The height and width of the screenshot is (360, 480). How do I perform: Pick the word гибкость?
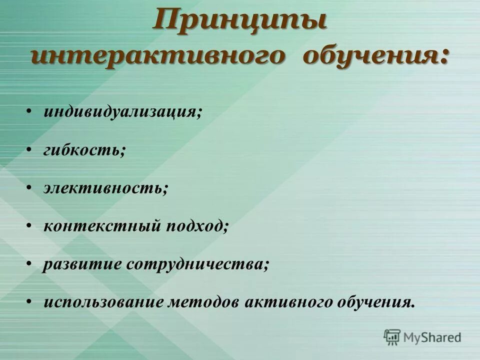tap(83, 150)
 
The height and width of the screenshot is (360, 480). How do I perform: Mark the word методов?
tap(207, 302)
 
